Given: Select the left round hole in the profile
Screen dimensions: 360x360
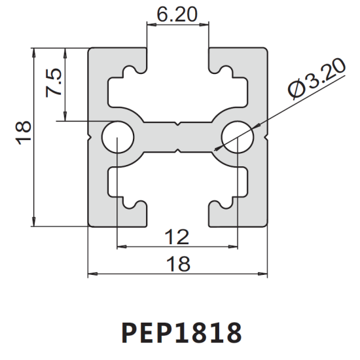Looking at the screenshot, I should pyautogui.click(x=118, y=137).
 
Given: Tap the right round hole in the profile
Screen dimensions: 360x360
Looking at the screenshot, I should pyautogui.click(x=238, y=137).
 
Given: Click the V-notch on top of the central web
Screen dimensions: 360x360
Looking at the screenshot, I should pyautogui.click(x=178, y=124).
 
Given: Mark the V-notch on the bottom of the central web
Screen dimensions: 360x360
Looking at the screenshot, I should pyautogui.click(x=178, y=151).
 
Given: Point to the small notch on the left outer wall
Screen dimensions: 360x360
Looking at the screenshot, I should pyautogui.click(x=90, y=137).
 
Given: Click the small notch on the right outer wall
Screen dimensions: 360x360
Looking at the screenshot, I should pyautogui.click(x=266, y=137).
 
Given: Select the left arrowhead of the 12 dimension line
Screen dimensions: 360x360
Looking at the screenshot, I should pyautogui.click(x=122, y=247).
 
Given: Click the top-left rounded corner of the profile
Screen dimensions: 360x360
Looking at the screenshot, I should pyautogui.click(x=92, y=50).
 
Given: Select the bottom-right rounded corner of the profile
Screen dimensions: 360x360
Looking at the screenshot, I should pyautogui.click(x=264, y=223).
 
